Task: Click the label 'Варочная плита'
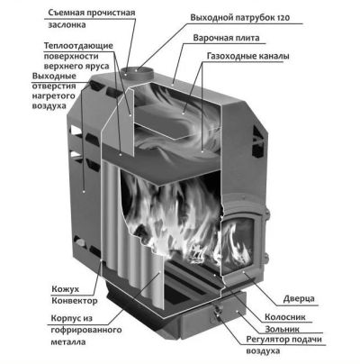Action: pyautogui.click(x=226, y=38)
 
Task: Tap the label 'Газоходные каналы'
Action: pyautogui.click(x=248, y=56)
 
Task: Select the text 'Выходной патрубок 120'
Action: pyautogui.click(x=240, y=18)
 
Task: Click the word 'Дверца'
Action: pyautogui.click(x=299, y=299)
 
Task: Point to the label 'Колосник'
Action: pyautogui.click(x=285, y=317)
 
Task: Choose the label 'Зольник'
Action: pyautogui.click(x=282, y=329)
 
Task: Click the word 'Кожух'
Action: pyautogui.click(x=66, y=289)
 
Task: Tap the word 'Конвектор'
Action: pyautogui.click(x=75, y=301)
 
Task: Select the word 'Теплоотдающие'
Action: pyautogui.click(x=78, y=46)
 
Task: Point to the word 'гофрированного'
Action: pyautogui.click(x=86, y=330)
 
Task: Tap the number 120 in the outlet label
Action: pyautogui.click(x=282, y=18)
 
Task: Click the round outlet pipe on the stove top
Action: pyautogui.click(x=137, y=73)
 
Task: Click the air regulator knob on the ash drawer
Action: pyautogui.click(x=217, y=309)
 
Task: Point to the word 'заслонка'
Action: pyautogui.click(x=67, y=25)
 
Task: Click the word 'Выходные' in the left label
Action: pyautogui.click(x=54, y=76)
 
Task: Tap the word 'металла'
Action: pyautogui.click(x=68, y=342)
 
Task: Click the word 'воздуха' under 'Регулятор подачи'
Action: pyautogui.click(x=263, y=351)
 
